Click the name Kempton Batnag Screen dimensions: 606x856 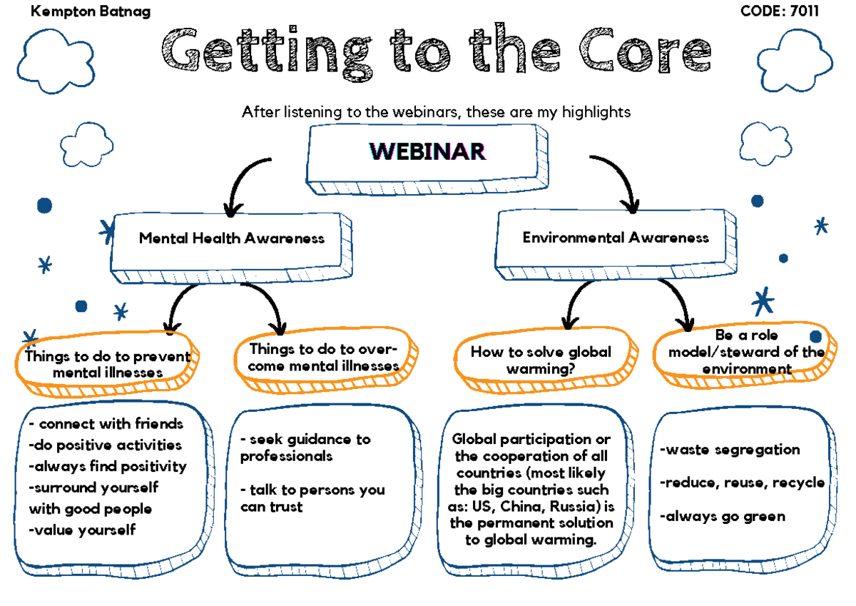click(x=91, y=11)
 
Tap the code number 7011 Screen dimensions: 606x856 click(x=802, y=11)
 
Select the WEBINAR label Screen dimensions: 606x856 click(x=427, y=151)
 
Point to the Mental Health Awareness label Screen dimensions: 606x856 click(x=231, y=238)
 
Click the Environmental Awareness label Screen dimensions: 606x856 click(x=616, y=237)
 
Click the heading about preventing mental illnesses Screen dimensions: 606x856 click(x=108, y=364)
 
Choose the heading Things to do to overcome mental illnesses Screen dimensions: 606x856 click(x=324, y=357)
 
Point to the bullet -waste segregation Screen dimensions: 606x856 click(x=730, y=450)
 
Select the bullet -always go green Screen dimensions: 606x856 click(x=722, y=516)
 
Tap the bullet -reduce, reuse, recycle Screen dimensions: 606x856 click(x=742, y=483)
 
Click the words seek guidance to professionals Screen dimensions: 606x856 click(x=305, y=448)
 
